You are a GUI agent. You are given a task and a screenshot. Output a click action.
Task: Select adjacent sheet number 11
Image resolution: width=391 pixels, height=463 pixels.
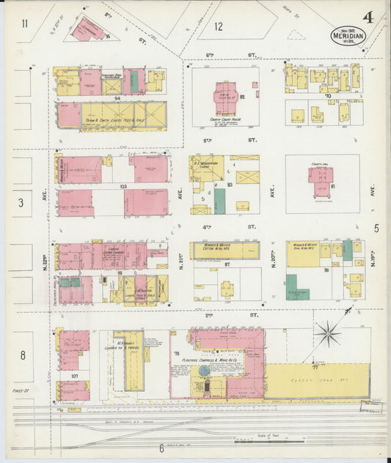(x=25, y=24)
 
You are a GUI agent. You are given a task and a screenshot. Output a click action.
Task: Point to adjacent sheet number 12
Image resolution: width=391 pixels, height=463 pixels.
(x=219, y=27)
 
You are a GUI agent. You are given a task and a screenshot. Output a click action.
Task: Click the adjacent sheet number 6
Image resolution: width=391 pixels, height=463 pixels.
(x=161, y=448)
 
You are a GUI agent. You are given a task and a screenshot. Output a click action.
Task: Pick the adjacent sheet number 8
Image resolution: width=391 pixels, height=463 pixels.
(x=23, y=355)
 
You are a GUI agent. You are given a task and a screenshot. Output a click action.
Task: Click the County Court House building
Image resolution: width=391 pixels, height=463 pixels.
(x=225, y=96)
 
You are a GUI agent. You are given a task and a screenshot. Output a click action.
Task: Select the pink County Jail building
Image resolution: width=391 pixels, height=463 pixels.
(x=321, y=180)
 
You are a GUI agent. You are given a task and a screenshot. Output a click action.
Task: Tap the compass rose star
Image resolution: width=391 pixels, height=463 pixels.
(x=327, y=335)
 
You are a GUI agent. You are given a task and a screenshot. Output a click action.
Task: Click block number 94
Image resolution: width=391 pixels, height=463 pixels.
(x=117, y=97)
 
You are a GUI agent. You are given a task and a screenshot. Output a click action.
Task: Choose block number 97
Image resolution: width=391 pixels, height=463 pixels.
(x=227, y=262)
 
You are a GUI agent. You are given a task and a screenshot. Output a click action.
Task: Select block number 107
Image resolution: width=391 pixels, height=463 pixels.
(x=74, y=377)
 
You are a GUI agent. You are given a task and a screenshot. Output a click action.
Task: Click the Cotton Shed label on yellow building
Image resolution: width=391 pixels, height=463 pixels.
(x=315, y=381)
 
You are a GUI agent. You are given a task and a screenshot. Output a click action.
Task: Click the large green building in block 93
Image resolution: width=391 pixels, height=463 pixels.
(x=219, y=201)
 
